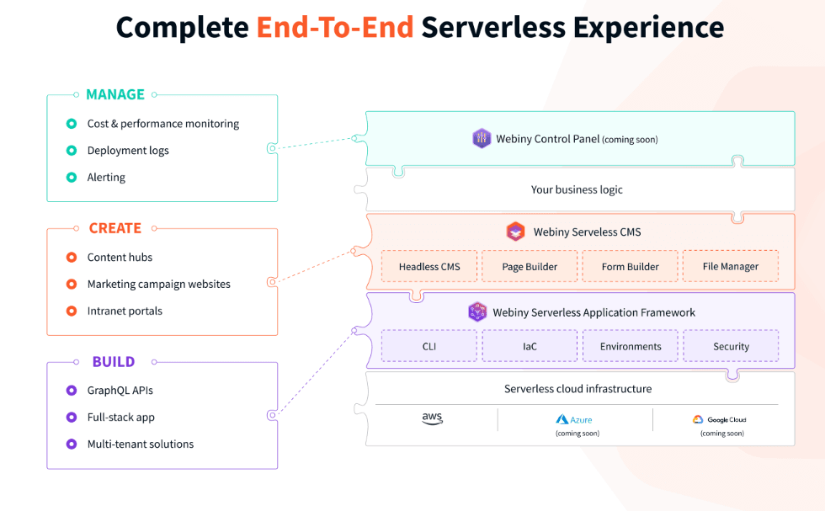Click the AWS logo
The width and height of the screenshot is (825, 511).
(x=432, y=419)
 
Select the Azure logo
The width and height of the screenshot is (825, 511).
(x=575, y=419)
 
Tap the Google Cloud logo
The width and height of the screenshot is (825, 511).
(x=720, y=419)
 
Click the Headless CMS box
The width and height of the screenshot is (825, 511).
(x=429, y=266)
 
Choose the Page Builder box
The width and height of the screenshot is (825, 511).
(x=530, y=266)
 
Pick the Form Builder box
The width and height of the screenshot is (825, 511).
(x=630, y=266)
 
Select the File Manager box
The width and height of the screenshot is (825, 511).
(x=730, y=266)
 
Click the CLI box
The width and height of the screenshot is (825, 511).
(x=429, y=346)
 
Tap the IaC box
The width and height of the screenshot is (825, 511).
(x=530, y=346)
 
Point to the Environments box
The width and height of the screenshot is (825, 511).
(x=630, y=346)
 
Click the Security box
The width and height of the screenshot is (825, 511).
(x=730, y=346)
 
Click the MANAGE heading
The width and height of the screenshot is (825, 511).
(x=115, y=95)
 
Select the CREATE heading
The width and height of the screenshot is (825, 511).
(x=115, y=228)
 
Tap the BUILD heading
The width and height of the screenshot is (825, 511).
(x=114, y=362)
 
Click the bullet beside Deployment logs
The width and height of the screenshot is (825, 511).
(x=72, y=151)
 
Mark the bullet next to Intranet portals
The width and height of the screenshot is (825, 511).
(x=72, y=311)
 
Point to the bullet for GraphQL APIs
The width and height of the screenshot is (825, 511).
(x=72, y=391)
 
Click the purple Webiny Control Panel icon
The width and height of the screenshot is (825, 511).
(x=482, y=139)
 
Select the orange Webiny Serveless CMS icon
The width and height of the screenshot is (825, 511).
(x=515, y=232)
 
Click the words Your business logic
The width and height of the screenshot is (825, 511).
(x=577, y=189)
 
